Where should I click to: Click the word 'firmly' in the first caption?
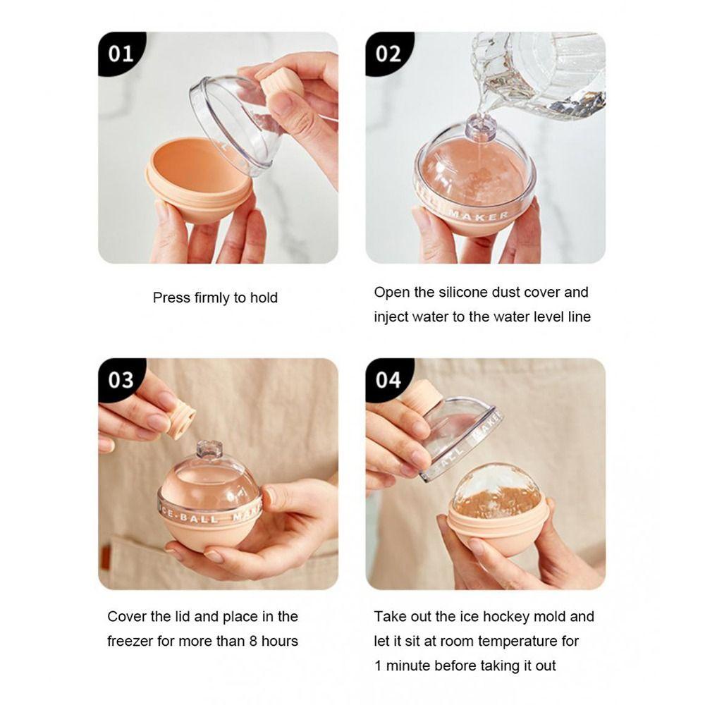coord(211,298)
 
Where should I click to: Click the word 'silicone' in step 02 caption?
coord(464,293)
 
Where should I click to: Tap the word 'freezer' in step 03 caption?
coord(130,641)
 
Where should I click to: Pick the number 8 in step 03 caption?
coord(253,641)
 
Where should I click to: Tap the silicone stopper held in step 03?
coord(180,419)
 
